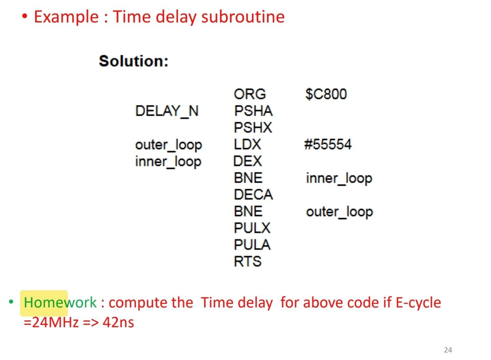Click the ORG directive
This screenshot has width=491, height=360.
tap(250, 94)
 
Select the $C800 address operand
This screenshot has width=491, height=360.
tap(326, 94)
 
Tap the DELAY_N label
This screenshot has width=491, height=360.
tap(167, 111)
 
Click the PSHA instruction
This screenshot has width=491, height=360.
tap(253, 111)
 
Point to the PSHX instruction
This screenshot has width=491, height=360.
tap(253, 128)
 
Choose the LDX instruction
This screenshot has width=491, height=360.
tap(247, 144)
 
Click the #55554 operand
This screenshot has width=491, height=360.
tap(328, 144)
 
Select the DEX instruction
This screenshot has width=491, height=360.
tap(248, 161)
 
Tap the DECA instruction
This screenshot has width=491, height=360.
tap(253, 195)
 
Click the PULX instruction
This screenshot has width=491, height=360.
tap(252, 228)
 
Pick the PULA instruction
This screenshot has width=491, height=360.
tap(252, 245)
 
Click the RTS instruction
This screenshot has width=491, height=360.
tap(248, 261)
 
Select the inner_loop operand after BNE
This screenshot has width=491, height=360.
tap(339, 178)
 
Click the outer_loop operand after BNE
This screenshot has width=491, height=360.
tap(339, 212)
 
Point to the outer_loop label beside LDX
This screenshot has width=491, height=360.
tap(168, 145)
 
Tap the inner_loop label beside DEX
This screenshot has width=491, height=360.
tap(168, 161)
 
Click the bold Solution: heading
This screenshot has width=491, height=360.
tap(133, 61)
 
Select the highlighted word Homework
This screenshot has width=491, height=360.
tap(60, 303)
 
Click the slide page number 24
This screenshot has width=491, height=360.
tap(448, 350)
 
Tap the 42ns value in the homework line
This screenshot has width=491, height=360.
tap(118, 322)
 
